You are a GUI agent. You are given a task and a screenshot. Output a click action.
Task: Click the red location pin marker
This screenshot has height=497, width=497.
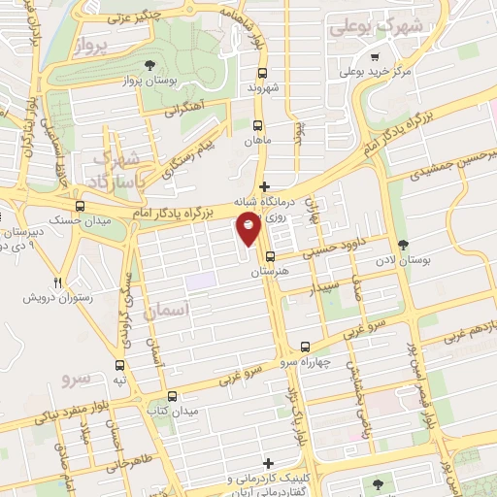(x=248, y=227)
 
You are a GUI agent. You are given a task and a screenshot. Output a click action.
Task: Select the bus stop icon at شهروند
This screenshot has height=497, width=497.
(x=261, y=72)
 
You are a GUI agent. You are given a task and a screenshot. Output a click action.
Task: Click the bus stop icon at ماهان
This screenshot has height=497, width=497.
(x=258, y=124)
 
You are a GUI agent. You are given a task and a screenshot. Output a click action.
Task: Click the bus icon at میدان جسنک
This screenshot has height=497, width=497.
(x=80, y=207)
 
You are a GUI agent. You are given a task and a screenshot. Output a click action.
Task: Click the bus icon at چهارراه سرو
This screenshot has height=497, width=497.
(x=306, y=346)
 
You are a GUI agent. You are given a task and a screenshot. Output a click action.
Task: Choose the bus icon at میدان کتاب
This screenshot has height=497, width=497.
(x=172, y=395)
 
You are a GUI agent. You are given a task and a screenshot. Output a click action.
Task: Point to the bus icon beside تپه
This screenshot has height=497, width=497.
(x=119, y=366)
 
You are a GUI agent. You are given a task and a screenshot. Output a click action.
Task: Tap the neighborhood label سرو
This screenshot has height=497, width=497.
(x=75, y=378)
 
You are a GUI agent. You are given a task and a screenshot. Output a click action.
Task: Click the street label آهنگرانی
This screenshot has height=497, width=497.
(x=185, y=110)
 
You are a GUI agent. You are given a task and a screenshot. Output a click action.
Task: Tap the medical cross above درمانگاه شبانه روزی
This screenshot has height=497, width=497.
(x=265, y=185)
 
